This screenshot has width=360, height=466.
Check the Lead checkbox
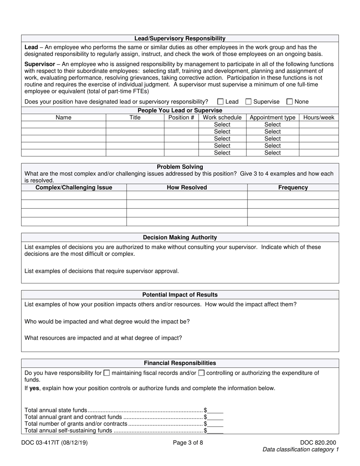(x=221, y=102)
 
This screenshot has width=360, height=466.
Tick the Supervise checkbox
(x=249, y=102)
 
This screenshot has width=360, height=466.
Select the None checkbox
(x=290, y=102)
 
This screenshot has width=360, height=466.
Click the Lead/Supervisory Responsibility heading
(x=180, y=38)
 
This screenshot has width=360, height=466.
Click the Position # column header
(x=181, y=117)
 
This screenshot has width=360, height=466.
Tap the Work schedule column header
(x=222, y=117)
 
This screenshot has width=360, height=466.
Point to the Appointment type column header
(x=272, y=117)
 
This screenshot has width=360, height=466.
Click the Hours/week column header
(x=319, y=117)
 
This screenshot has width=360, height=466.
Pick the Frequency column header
(x=293, y=188)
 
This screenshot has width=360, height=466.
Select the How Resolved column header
(x=187, y=188)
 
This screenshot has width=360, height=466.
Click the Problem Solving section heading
(x=180, y=167)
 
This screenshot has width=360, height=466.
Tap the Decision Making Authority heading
(x=180, y=238)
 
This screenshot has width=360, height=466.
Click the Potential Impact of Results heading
(x=180, y=295)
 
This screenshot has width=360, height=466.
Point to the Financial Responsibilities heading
(x=180, y=363)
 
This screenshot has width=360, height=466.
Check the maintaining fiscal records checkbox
(x=107, y=373)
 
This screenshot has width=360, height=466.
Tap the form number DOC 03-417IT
(x=56, y=442)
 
